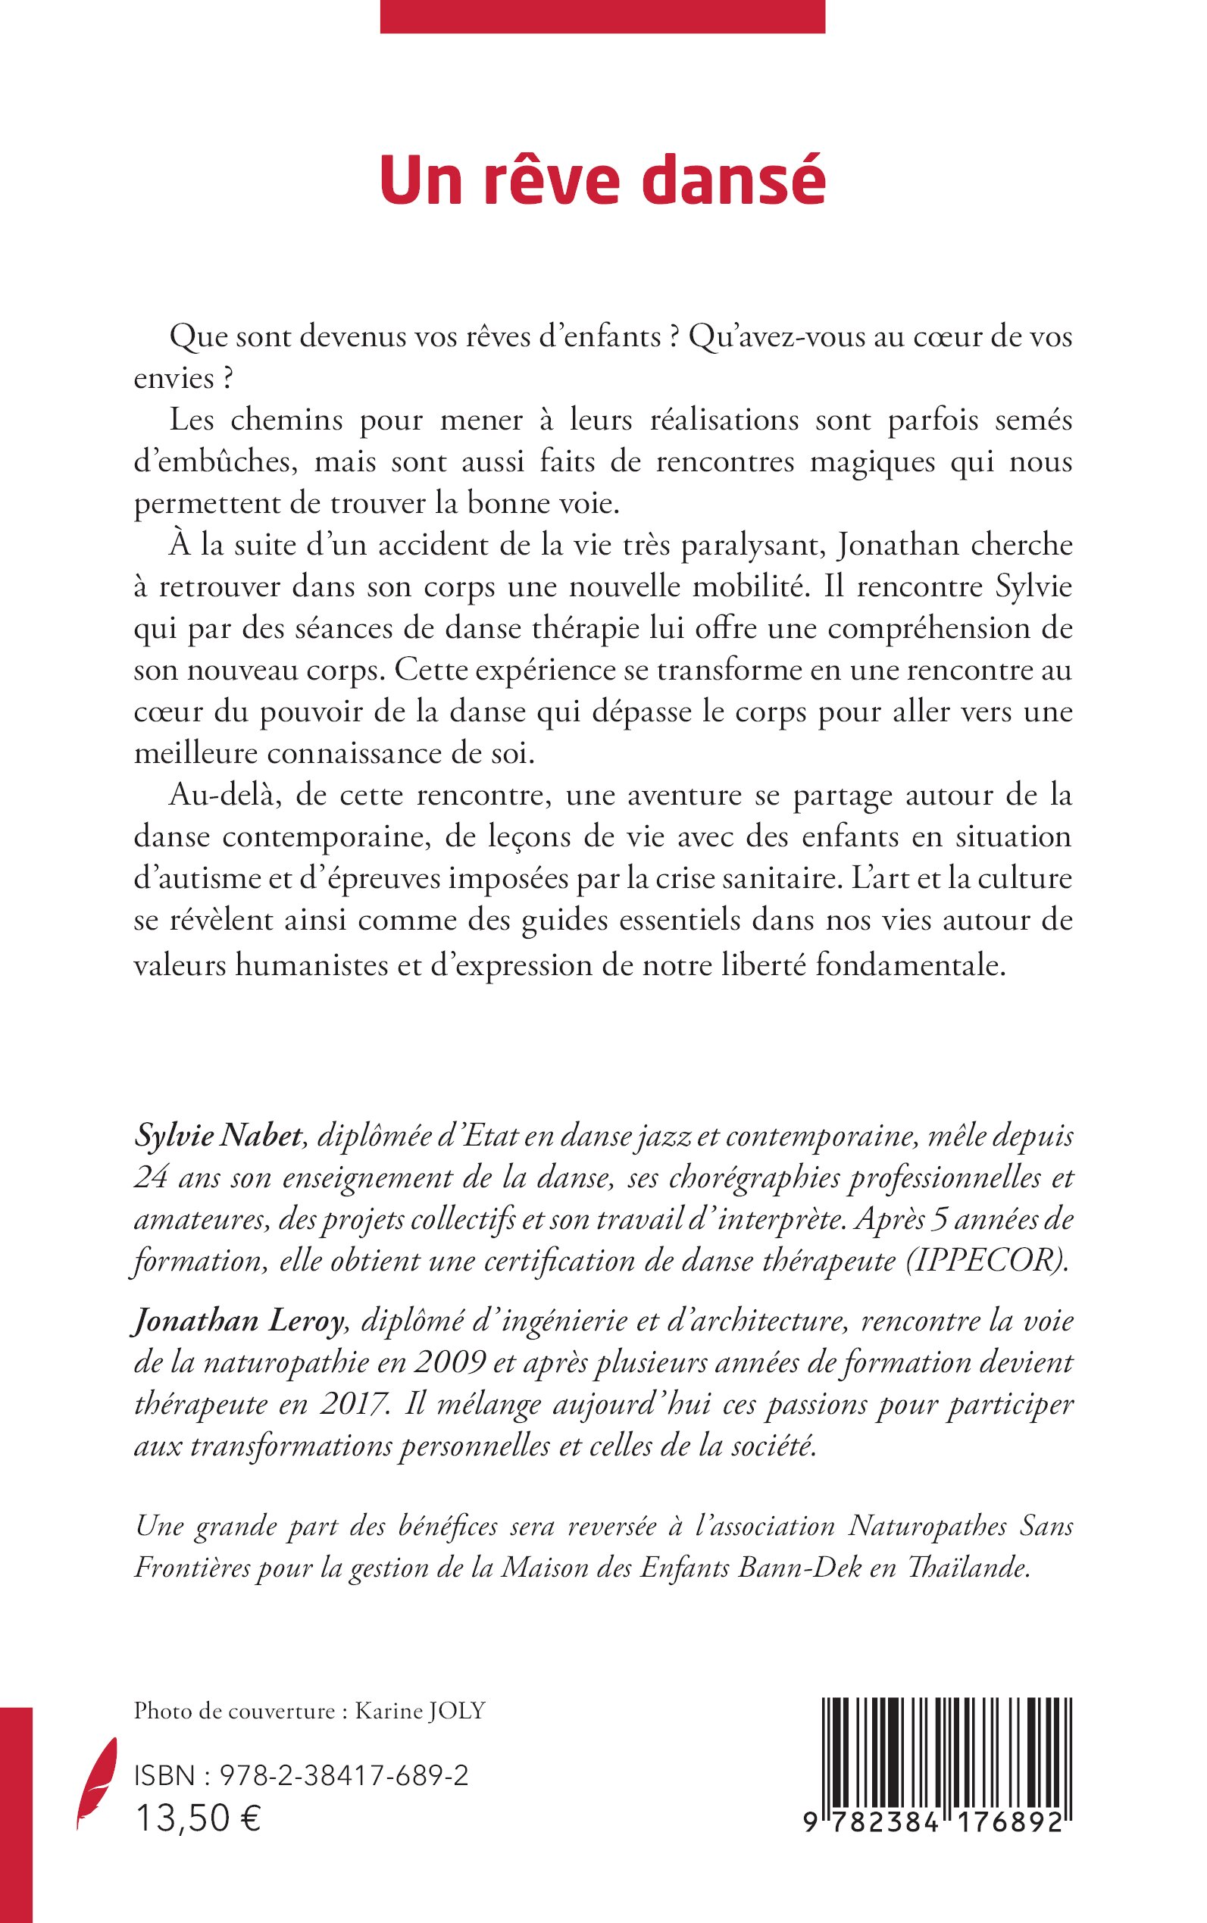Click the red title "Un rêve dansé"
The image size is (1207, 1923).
(x=602, y=181)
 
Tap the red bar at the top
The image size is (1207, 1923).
(x=602, y=16)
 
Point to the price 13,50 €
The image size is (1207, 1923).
(x=199, y=1836)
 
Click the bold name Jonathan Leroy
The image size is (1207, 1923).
(x=238, y=1322)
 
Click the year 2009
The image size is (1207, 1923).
(x=450, y=1363)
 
